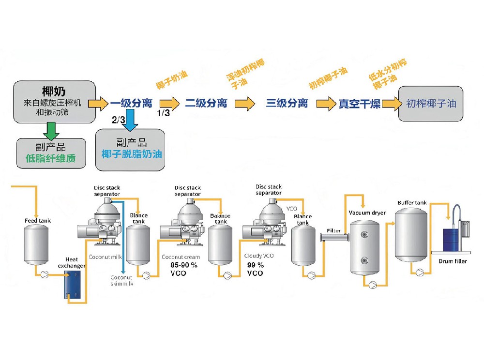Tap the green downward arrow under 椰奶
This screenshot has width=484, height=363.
51,129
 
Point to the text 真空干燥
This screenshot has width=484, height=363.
359,104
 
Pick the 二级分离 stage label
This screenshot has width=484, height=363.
206,103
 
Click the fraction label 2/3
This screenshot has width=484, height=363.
118,120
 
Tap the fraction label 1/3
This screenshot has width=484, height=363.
164,113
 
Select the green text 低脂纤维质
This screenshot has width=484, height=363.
51,158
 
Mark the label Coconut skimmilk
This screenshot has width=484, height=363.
121,281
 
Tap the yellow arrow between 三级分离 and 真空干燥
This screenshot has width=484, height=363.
326,104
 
